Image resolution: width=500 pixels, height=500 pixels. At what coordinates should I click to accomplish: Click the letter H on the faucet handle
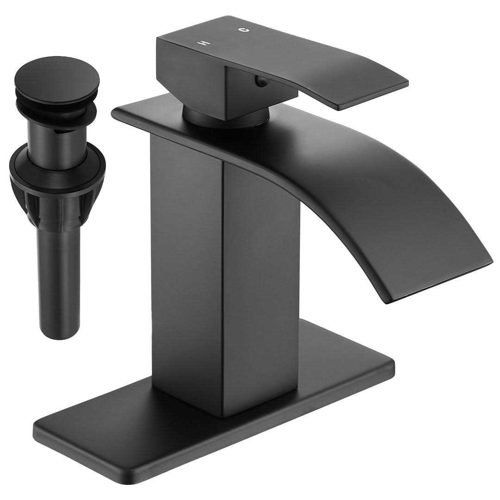[x=203, y=43]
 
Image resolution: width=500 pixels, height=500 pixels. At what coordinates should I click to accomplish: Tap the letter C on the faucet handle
[x=244, y=30]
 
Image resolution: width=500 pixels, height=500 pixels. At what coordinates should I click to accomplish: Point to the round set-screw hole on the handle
[x=262, y=82]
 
